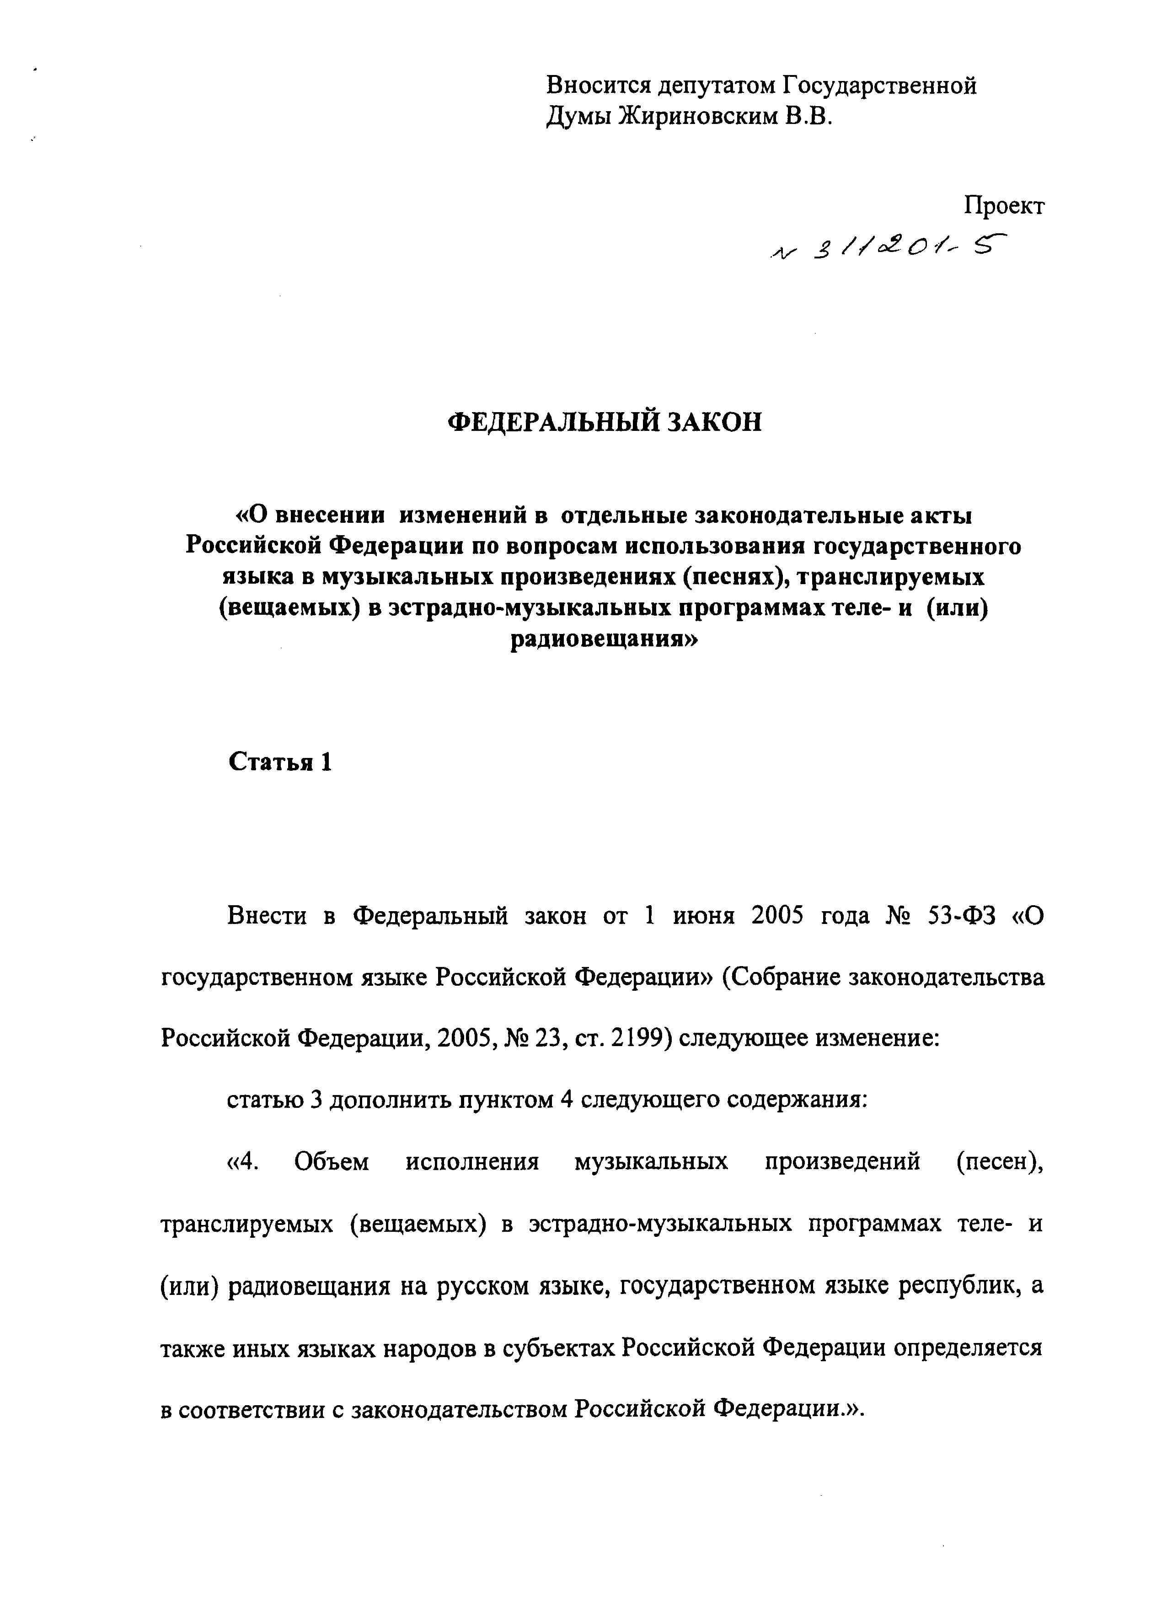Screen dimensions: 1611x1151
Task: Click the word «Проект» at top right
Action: tap(1004, 206)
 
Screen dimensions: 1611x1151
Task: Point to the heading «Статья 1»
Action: tap(280, 762)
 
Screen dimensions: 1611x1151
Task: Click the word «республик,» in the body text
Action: tap(960, 1286)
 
